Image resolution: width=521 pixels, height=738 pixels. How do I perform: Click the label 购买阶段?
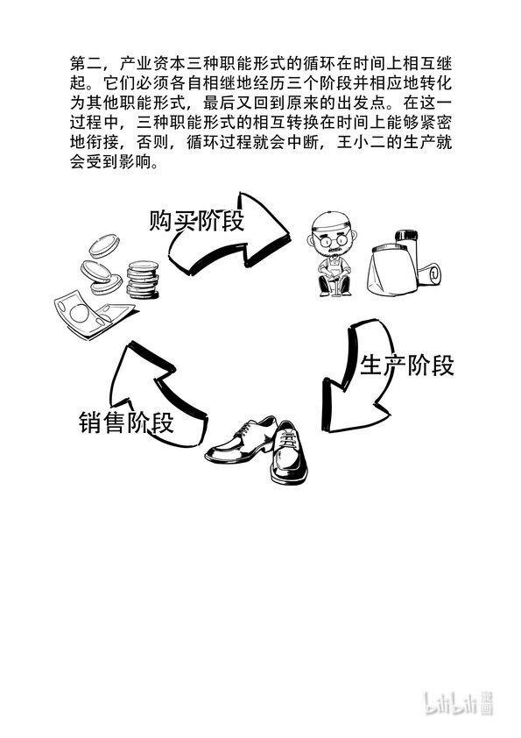pos(197,220)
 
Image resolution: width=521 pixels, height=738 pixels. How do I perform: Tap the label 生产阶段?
pos(407,365)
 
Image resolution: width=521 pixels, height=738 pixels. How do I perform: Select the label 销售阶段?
pos(126,422)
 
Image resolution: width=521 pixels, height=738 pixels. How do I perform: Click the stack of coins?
pos(143,280)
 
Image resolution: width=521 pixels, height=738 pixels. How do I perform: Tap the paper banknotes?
pos(94,315)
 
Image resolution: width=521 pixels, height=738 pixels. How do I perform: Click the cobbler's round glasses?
pos(331,239)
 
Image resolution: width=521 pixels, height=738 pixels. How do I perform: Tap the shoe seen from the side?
pos(241,442)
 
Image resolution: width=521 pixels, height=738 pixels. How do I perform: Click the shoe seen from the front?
pos(289,453)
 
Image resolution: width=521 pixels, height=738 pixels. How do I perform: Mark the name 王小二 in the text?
pos(361,142)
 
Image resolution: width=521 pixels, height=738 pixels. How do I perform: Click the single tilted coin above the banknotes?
pos(104,245)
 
